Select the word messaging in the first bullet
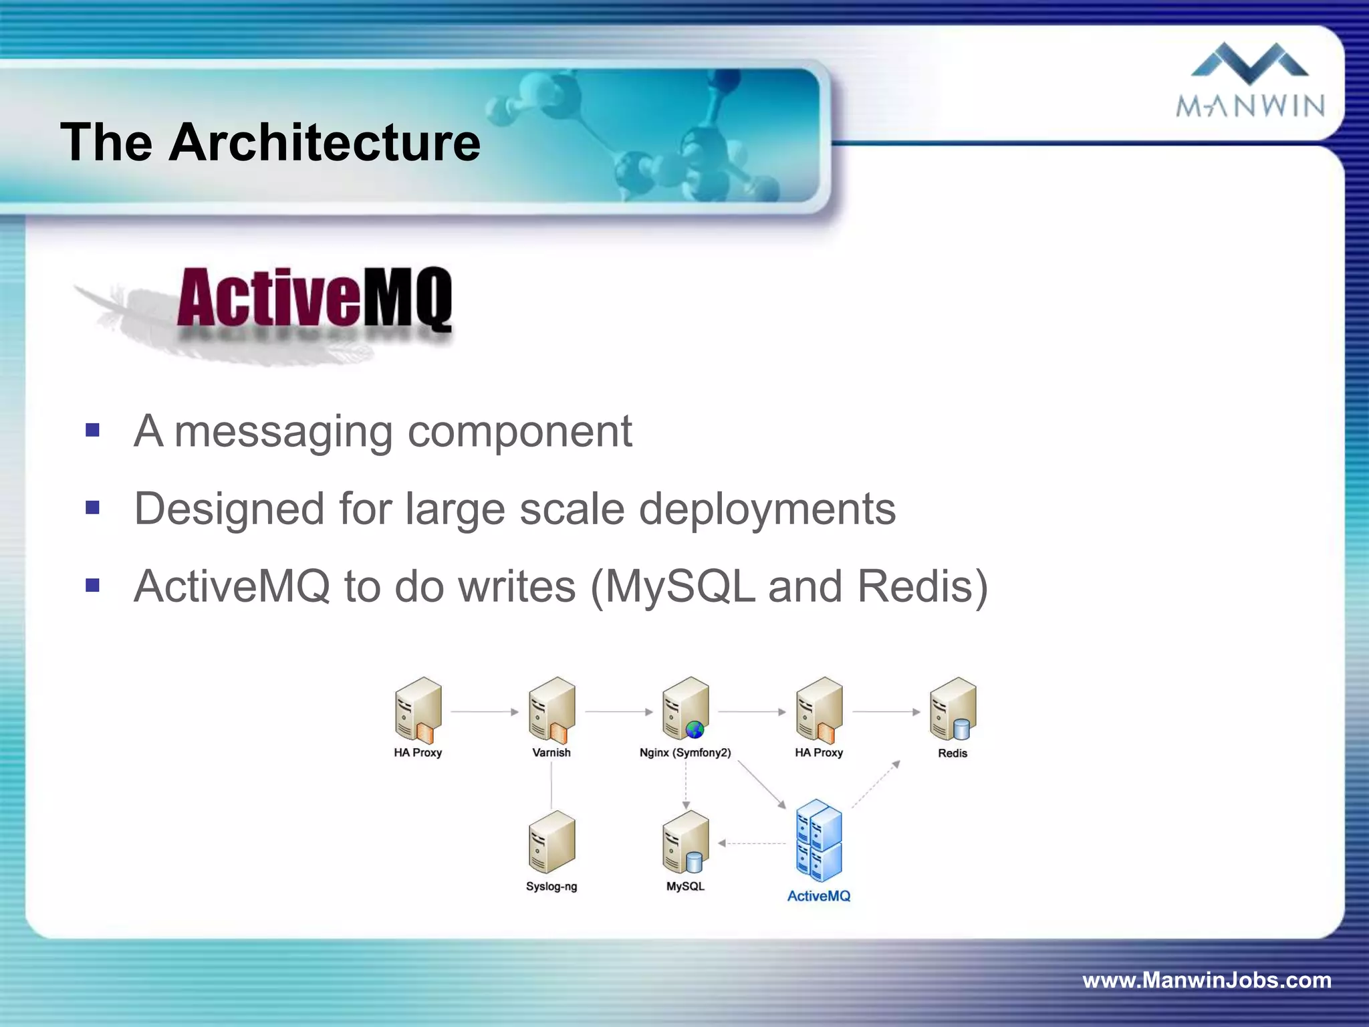point(283,431)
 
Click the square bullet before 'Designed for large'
point(93,508)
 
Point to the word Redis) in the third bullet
point(922,586)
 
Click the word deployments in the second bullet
point(767,509)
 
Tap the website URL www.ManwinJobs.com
point(1207,980)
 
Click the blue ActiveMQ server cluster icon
point(819,840)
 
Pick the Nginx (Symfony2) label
point(685,753)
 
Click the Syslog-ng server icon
point(551,842)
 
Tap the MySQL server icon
point(685,842)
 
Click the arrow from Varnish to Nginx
point(618,712)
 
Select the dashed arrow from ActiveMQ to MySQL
point(753,844)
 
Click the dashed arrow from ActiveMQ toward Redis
point(876,784)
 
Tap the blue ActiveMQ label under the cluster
point(819,896)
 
